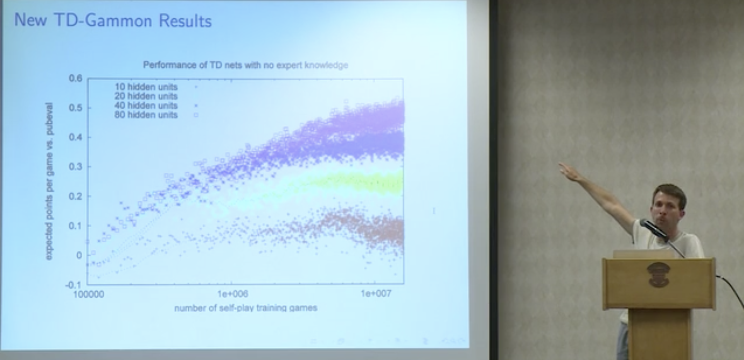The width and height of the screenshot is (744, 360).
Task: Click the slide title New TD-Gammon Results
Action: point(113,21)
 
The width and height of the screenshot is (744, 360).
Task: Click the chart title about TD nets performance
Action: point(245,65)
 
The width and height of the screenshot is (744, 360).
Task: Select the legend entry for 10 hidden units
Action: point(146,87)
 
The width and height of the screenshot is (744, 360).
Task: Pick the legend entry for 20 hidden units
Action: point(146,96)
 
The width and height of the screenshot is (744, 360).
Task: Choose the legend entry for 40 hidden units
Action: point(146,105)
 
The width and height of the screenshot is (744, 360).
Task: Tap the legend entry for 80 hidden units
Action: point(146,115)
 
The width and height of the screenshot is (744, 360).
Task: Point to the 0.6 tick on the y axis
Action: point(75,78)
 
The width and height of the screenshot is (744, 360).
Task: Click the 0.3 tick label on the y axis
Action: point(75,167)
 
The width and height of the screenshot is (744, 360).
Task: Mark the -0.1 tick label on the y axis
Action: point(74,285)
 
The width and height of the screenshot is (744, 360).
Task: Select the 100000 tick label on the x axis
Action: point(88,294)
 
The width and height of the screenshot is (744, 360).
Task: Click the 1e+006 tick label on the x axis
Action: point(233,294)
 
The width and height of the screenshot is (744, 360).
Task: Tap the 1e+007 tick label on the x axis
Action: point(376,294)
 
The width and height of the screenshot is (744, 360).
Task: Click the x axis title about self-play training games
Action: point(246,308)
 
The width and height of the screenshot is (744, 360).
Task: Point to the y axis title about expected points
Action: point(49,181)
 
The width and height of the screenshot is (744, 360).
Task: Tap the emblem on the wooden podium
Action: point(658,274)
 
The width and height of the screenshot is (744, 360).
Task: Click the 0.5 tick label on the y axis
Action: point(75,108)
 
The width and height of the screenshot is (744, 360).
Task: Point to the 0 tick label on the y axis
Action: point(79,255)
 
